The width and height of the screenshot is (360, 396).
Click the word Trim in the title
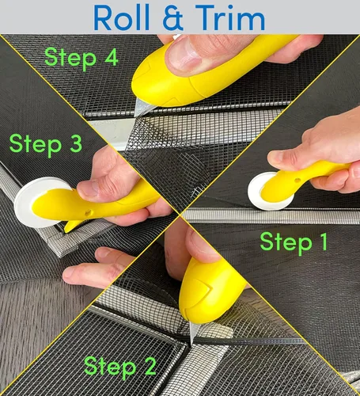(x=229, y=17)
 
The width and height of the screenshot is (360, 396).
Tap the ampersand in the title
(x=174, y=17)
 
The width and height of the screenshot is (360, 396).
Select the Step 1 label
(x=294, y=242)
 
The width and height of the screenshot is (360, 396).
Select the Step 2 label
(x=120, y=367)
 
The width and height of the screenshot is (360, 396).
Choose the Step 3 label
(x=45, y=144)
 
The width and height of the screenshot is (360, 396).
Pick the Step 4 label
(x=81, y=58)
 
